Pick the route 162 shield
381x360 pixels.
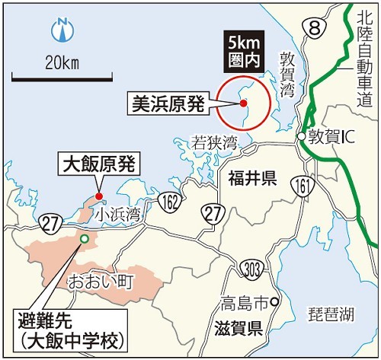[171, 200]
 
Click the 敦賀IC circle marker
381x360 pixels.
[302, 136]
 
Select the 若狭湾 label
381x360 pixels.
[215, 142]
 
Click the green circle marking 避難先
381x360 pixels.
[84, 239]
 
